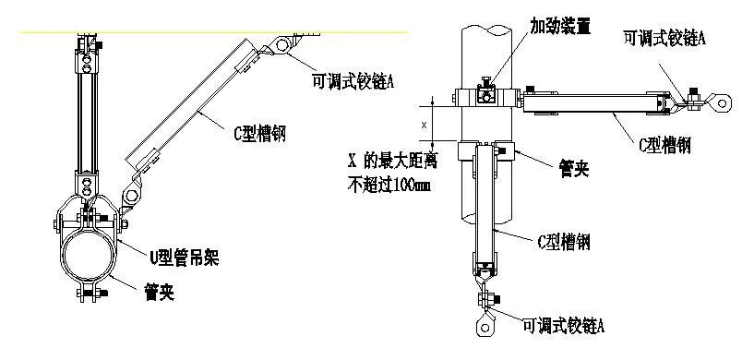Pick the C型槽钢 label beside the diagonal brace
click(258, 134)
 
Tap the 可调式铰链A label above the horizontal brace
click(665, 38)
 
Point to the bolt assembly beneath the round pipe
click(90, 294)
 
